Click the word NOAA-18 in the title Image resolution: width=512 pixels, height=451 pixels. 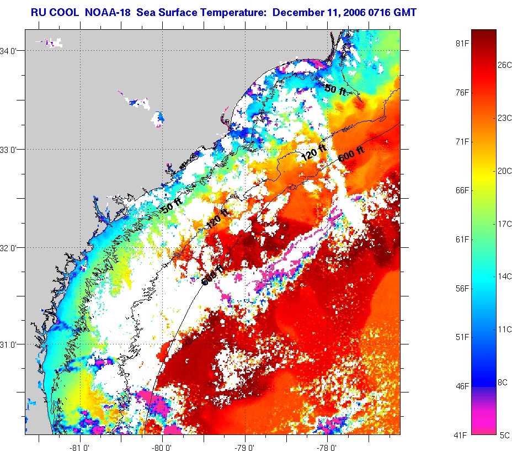pos(108,11)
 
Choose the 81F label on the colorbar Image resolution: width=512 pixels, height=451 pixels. pos(461,43)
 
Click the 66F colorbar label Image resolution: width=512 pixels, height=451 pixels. pos(461,190)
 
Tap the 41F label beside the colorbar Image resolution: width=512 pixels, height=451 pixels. pos(461,436)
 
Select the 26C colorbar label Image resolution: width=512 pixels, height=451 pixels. pos(505,65)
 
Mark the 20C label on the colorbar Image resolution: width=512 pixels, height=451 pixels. pos(505,171)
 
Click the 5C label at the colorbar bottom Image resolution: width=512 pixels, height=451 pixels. pos(505,436)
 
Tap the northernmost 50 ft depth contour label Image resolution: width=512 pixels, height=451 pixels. pos(335,89)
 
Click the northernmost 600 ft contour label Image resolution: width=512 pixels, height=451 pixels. pos(351,152)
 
